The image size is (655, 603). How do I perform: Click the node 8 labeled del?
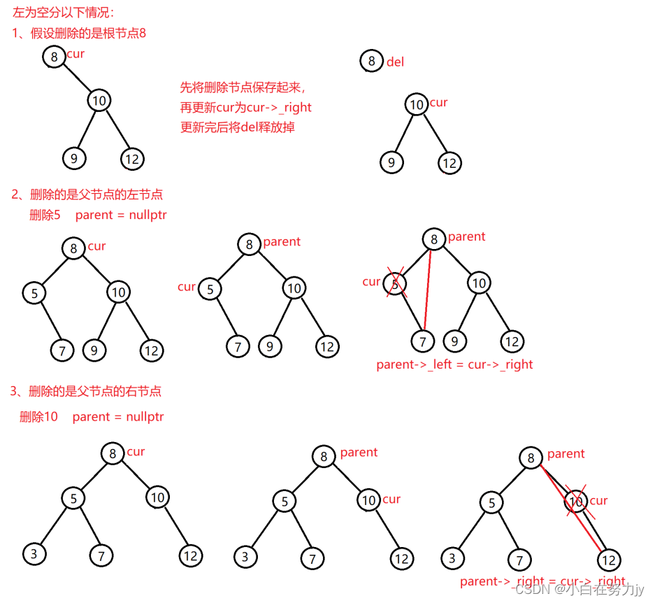click(372, 61)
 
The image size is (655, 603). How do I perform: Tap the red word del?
click(395, 62)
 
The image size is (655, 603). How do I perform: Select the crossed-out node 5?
click(396, 284)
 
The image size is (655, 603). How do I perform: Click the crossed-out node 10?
click(576, 501)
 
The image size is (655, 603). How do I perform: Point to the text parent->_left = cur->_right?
click(454, 364)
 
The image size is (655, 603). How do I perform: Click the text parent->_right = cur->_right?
click(542, 581)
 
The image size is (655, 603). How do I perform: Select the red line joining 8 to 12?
click(570, 508)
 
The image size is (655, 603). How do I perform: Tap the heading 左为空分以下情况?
click(63, 13)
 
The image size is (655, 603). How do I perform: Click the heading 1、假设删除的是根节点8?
click(79, 33)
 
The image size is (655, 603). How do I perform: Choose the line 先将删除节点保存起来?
click(243, 87)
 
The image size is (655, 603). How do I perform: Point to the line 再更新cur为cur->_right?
click(245, 107)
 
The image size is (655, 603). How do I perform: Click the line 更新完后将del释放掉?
click(238, 127)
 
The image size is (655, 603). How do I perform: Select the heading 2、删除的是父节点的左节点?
click(87, 194)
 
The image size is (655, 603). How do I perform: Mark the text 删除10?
click(39, 417)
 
